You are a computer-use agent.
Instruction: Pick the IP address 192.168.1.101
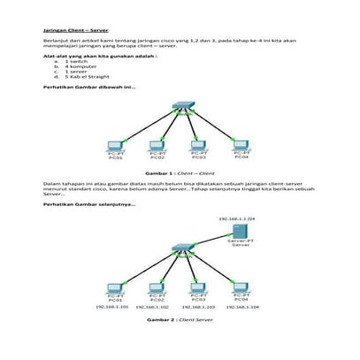point(112,307)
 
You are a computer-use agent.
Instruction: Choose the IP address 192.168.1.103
point(199,307)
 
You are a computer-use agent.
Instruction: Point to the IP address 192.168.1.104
point(241,307)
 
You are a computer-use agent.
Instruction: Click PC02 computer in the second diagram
point(157,288)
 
